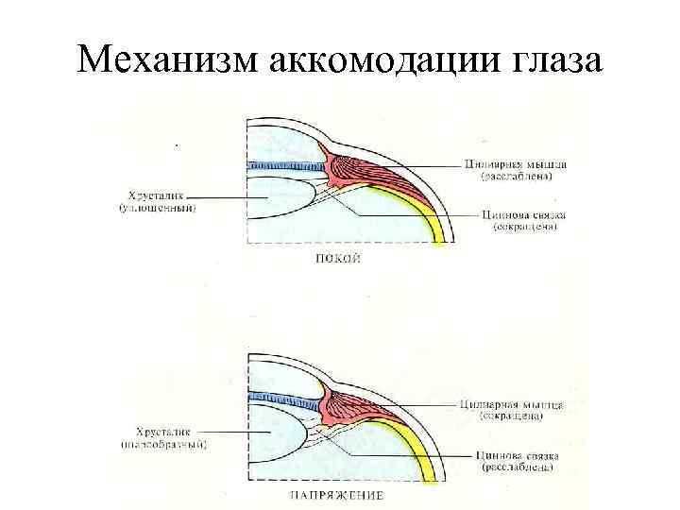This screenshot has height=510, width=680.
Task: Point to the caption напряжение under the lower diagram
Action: (337, 494)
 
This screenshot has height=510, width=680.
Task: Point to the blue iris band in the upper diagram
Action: (283, 165)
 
